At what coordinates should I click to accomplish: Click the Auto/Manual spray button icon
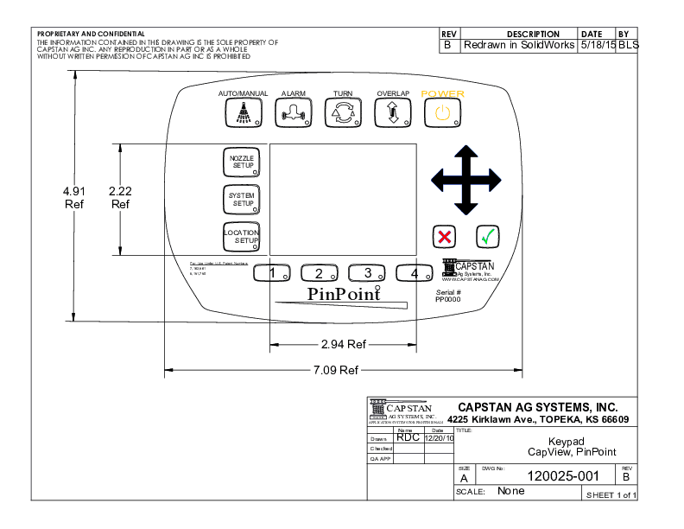[244, 112]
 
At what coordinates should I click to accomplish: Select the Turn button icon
[343, 112]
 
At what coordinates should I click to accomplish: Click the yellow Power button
[442, 112]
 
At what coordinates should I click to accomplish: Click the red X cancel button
[445, 235]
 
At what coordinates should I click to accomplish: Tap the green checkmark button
[488, 235]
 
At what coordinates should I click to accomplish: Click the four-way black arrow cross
[466, 180]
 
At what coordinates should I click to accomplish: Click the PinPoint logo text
[345, 294]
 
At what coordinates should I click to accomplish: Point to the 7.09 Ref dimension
[336, 370]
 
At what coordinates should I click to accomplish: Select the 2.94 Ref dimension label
[343, 344]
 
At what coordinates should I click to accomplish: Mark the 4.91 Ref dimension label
[74, 197]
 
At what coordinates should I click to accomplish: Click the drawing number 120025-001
[562, 475]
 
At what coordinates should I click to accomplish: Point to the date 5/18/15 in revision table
[597, 45]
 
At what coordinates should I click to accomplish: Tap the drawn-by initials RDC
[408, 437]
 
